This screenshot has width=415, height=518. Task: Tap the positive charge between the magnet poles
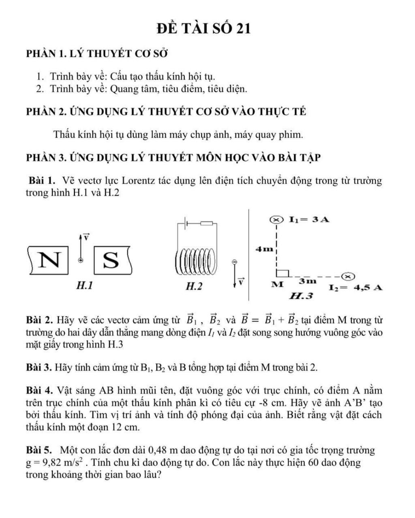click(x=81, y=260)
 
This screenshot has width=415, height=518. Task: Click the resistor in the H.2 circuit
click(x=207, y=223)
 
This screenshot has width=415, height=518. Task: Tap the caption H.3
click(x=301, y=296)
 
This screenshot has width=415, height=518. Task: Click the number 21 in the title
click(x=242, y=28)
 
